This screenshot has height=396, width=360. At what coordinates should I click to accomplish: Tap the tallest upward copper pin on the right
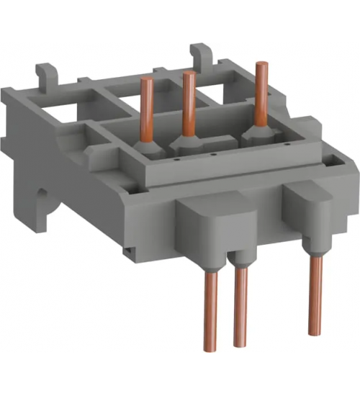click(x=258, y=94)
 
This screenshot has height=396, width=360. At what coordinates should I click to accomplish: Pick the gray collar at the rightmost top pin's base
click(x=253, y=135)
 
